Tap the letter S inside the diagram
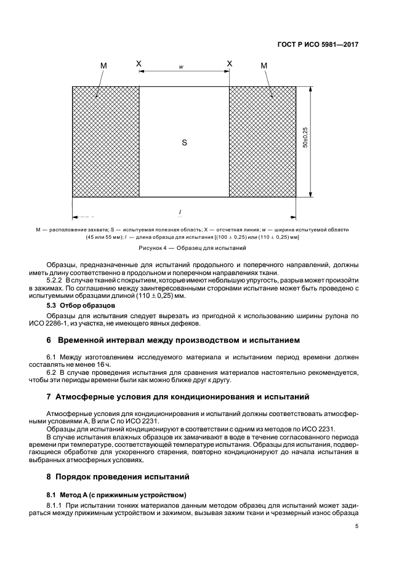(184, 142)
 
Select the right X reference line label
(230, 63)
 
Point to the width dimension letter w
(182, 66)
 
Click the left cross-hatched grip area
(106, 142)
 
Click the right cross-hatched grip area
(262, 142)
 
